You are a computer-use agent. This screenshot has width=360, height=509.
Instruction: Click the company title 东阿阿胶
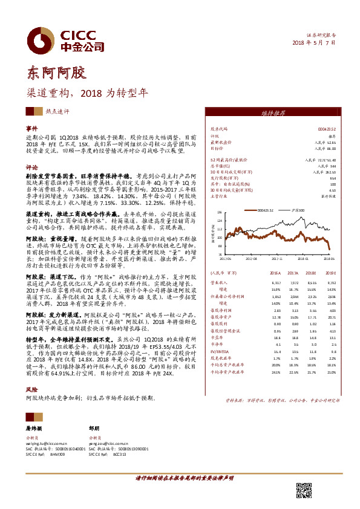(x=53, y=73)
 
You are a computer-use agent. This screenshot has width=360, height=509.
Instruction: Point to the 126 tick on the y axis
(x=220, y=212)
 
